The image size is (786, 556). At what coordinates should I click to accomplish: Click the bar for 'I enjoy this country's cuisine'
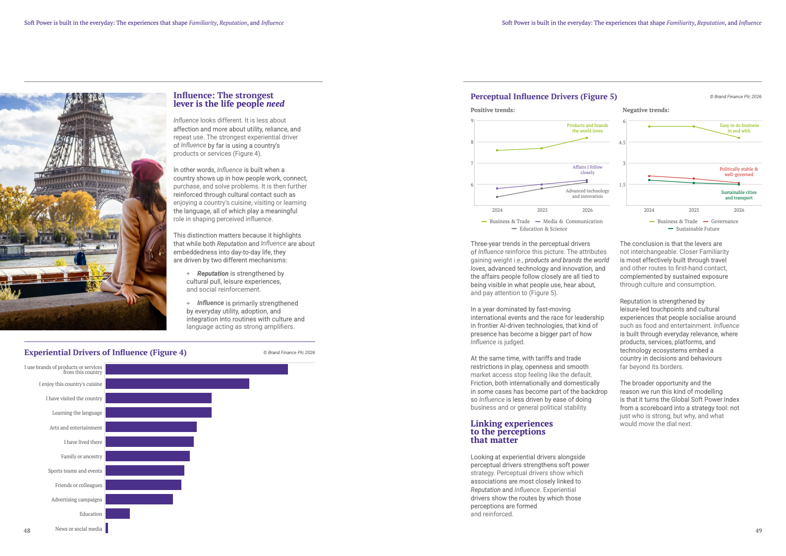click(177, 384)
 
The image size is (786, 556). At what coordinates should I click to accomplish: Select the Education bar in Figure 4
click(117, 514)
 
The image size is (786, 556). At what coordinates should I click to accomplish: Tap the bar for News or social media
click(107, 528)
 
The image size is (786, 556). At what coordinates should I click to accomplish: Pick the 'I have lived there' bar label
click(83, 442)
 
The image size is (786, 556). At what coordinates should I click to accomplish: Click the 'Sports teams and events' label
click(75, 471)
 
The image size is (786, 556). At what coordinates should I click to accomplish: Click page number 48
click(27, 531)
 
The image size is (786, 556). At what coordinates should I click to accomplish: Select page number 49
click(758, 531)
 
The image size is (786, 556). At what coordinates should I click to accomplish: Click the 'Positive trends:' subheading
click(492, 110)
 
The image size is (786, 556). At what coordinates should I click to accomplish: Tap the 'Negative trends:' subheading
click(646, 110)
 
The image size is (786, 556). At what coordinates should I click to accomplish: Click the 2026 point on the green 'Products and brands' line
click(587, 138)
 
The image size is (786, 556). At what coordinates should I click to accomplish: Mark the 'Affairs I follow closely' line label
click(587, 170)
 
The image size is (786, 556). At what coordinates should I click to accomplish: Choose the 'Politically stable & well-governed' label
click(738, 172)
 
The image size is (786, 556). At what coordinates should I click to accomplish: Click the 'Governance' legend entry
click(724, 222)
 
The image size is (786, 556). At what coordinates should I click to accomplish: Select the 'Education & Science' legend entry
click(543, 229)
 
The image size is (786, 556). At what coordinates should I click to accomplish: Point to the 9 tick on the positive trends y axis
click(472, 121)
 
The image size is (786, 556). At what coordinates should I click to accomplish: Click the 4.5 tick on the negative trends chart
click(622, 143)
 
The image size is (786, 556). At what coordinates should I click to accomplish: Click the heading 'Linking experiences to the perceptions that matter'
click(511, 432)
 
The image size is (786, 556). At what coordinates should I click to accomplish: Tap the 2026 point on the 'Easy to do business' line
click(739, 138)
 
